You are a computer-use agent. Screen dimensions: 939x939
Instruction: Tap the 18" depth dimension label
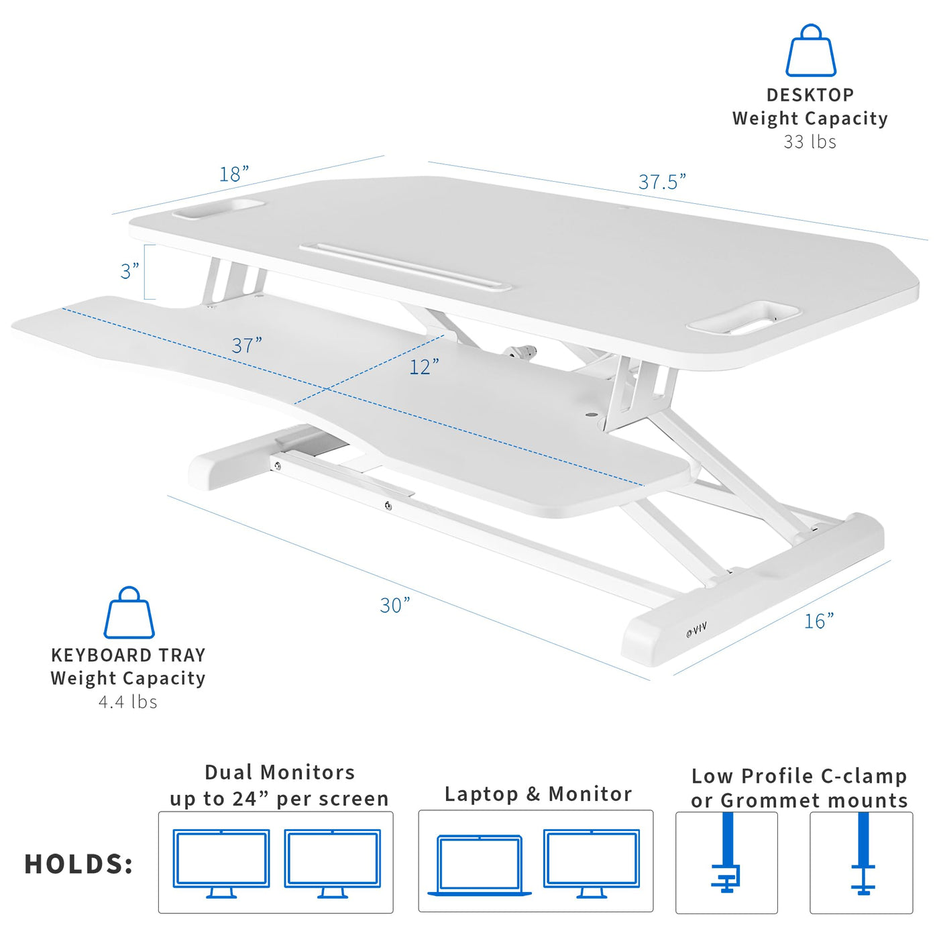pyautogui.click(x=234, y=174)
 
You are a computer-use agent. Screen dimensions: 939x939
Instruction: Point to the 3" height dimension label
pyautogui.click(x=129, y=271)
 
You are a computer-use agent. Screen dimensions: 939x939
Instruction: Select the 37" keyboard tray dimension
pyautogui.click(x=247, y=345)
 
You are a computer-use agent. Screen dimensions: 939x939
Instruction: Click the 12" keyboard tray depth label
pyautogui.click(x=424, y=367)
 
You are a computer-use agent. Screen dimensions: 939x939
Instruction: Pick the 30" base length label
pyautogui.click(x=394, y=605)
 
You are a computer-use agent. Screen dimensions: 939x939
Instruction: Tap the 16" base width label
pyautogui.click(x=819, y=621)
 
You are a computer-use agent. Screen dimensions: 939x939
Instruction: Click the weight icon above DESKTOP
pyautogui.click(x=810, y=51)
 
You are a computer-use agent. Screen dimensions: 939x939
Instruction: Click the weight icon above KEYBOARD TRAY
pyautogui.click(x=129, y=612)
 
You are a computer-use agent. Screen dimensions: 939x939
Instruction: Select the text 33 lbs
pyautogui.click(x=810, y=142)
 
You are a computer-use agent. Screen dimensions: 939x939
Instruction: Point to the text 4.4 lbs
pyautogui.click(x=127, y=702)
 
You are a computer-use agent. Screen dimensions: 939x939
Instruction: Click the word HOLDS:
pyautogui.click(x=78, y=865)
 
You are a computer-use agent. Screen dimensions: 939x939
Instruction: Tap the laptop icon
pyautogui.click(x=480, y=866)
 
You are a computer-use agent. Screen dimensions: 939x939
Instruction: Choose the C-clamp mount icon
pyautogui.click(x=726, y=860)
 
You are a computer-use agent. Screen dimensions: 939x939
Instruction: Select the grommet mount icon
pyautogui.click(x=863, y=861)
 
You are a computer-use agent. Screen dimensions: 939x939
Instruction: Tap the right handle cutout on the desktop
pyautogui.click(x=742, y=318)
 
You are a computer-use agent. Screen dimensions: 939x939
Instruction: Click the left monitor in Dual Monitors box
pyautogui.click(x=221, y=863)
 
